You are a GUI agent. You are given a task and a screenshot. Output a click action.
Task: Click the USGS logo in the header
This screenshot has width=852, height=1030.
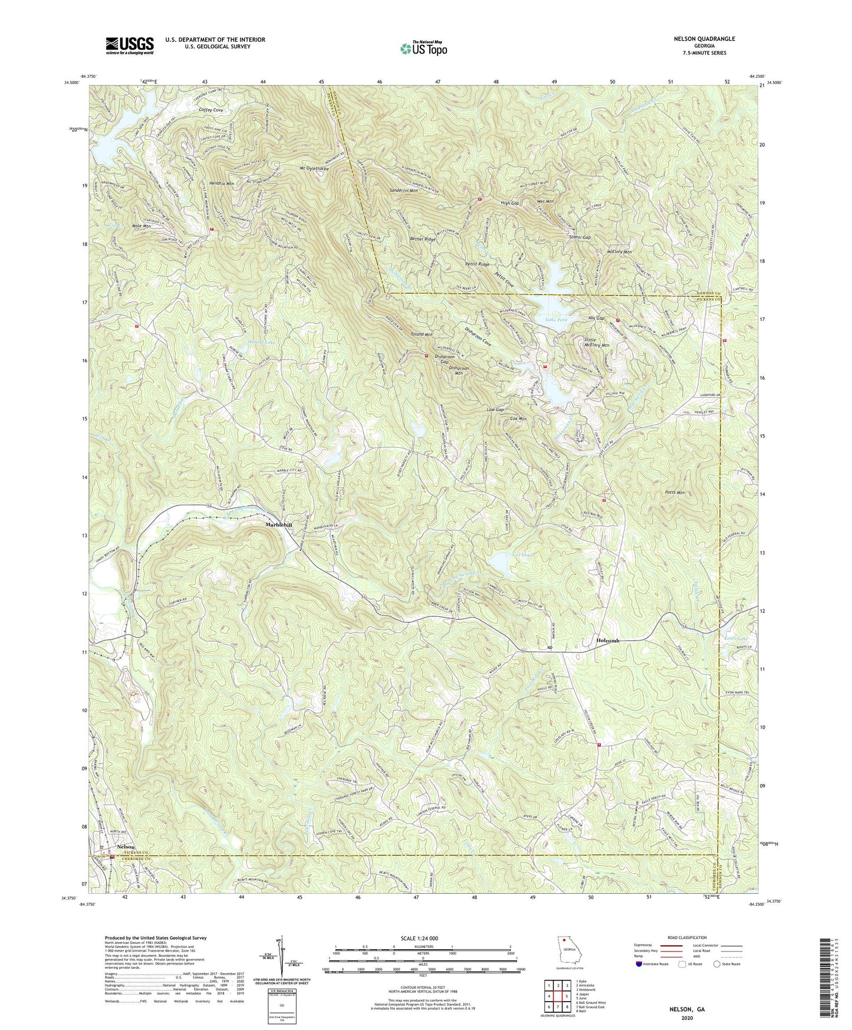coord(130,45)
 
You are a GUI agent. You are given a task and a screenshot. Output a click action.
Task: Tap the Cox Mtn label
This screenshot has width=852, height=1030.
coord(518,419)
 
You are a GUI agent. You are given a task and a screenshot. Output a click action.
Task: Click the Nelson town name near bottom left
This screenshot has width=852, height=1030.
coord(126,847)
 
